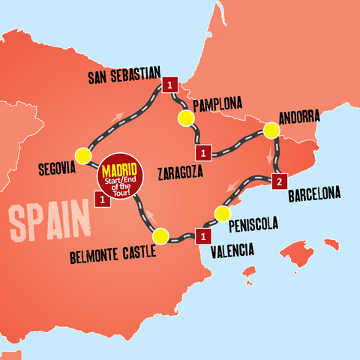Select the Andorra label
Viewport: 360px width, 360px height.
(298, 117)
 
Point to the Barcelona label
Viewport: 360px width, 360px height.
(313, 193)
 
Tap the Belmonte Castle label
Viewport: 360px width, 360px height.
(112, 253)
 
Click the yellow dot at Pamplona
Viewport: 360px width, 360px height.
(184, 118)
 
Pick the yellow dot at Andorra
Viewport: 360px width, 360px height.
(271, 132)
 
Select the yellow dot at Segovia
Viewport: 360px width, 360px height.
(82, 156)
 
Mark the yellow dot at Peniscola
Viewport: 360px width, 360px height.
(221, 214)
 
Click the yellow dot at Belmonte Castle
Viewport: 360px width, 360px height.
(160, 237)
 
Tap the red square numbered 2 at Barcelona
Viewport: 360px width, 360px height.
(278, 181)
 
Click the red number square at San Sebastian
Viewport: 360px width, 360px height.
(169, 85)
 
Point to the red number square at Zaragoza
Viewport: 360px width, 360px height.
(203, 154)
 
